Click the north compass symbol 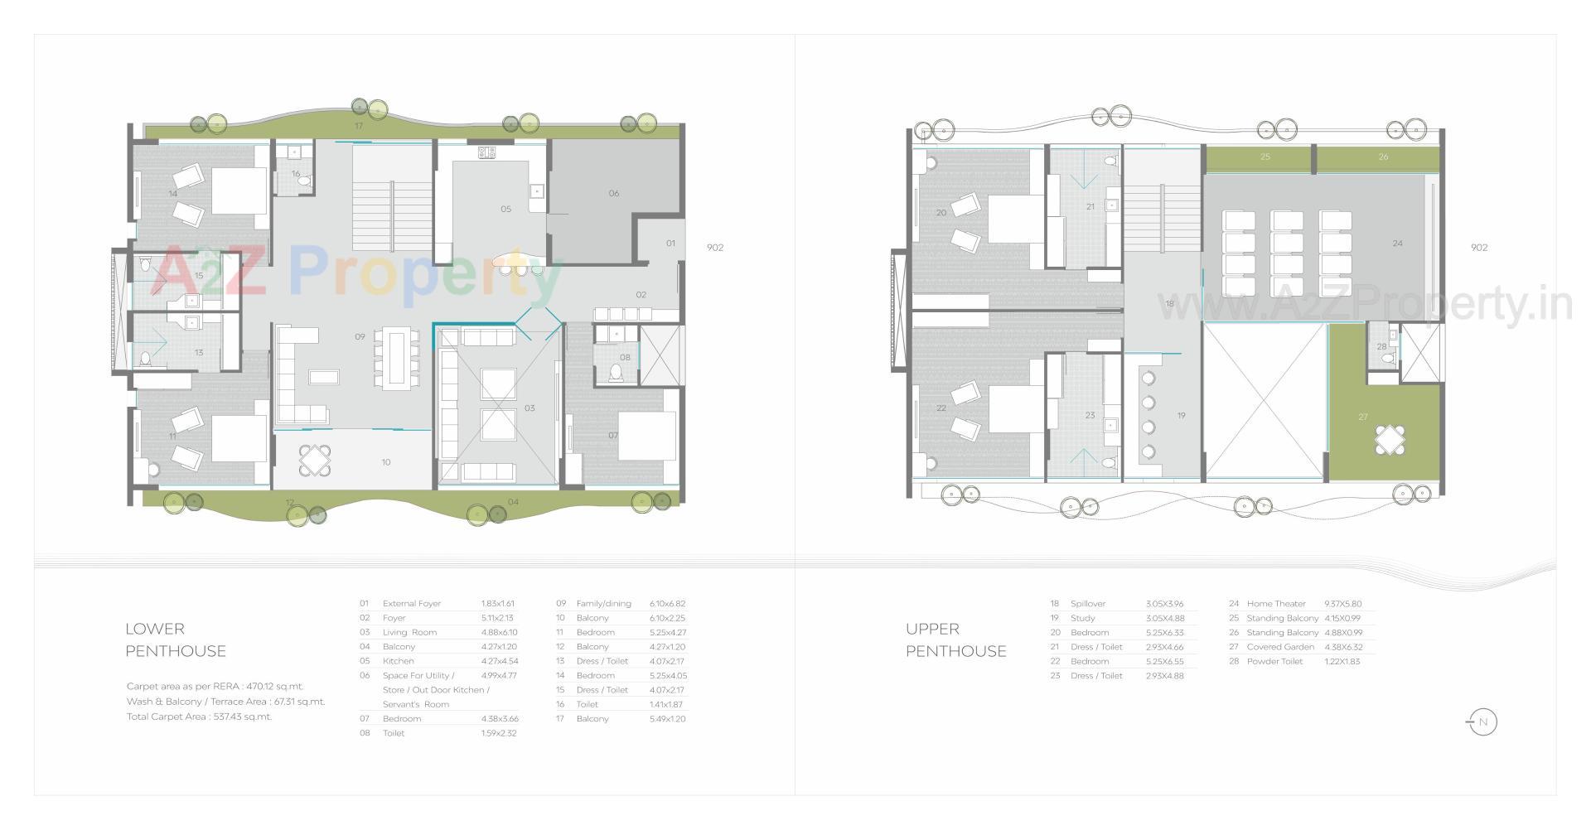tap(1482, 722)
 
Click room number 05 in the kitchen tap(505, 210)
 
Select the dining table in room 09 tap(394, 358)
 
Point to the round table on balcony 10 tap(314, 461)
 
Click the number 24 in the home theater tap(1397, 244)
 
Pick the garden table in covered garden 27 tap(1390, 439)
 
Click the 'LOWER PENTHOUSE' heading tap(175, 639)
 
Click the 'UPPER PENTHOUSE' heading tap(955, 639)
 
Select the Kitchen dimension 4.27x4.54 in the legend tap(499, 661)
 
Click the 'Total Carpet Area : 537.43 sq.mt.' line tap(199, 717)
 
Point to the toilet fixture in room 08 tap(616, 374)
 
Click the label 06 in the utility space tap(613, 194)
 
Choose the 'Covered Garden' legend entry tap(1279, 647)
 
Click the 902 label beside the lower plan tap(714, 248)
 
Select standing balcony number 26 tap(1382, 157)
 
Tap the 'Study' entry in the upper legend tap(1082, 618)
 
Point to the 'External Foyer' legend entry tap(411, 604)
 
